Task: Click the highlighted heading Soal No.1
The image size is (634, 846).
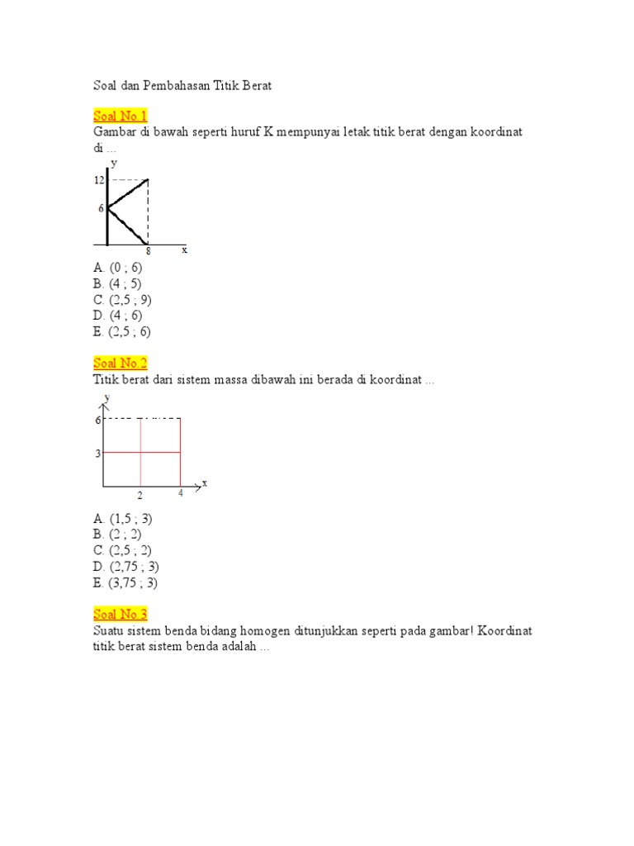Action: tap(121, 116)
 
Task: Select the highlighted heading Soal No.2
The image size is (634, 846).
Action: tap(121, 364)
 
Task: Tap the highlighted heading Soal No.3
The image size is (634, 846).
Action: tap(121, 614)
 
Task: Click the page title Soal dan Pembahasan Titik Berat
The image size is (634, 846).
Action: tap(182, 85)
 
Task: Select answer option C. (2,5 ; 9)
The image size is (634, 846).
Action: tap(123, 300)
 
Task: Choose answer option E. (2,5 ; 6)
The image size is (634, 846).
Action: tap(123, 331)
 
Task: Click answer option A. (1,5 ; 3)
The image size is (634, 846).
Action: tap(123, 519)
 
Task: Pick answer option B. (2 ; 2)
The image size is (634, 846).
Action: tap(118, 535)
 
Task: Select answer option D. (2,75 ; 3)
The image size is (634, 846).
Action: tap(126, 567)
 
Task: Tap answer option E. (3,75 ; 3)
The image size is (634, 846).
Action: tap(126, 582)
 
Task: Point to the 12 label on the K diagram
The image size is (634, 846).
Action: tap(99, 179)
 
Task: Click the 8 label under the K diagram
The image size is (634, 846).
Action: tap(149, 251)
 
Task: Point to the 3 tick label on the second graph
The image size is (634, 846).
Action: tap(97, 453)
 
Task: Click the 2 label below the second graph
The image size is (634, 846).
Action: tap(140, 496)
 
